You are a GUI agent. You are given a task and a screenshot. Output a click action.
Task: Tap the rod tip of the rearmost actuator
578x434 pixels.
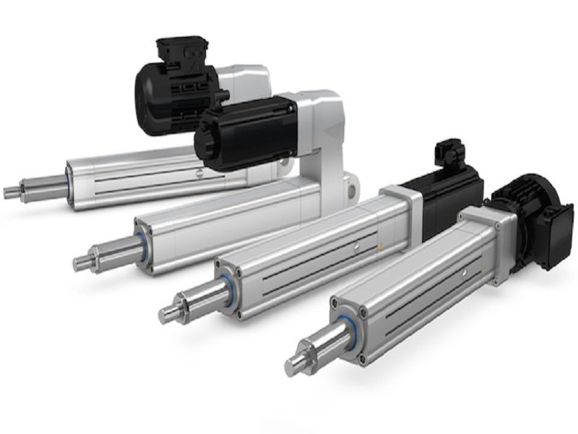point(10,192)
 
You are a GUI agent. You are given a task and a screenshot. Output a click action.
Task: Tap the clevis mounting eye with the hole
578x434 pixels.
point(350,186)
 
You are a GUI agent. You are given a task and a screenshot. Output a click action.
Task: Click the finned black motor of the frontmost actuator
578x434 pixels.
point(531,217)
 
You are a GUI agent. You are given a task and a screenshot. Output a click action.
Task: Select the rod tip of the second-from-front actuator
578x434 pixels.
point(168,315)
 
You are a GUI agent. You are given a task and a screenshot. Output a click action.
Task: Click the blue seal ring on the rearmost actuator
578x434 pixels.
point(69,176)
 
